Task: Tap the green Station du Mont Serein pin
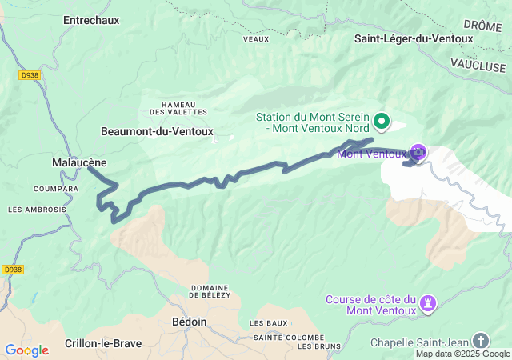(x=382, y=122)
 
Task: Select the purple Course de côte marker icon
(x=429, y=302)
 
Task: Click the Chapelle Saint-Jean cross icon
(x=480, y=340)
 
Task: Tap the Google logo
(x=26, y=350)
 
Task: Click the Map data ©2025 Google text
(x=462, y=354)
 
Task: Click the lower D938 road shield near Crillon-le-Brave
(x=12, y=270)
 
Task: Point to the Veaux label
(x=255, y=38)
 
